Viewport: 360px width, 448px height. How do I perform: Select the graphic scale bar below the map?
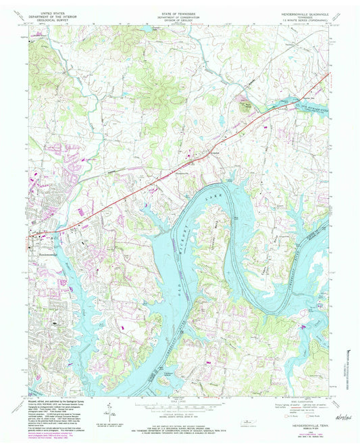tap(179, 405)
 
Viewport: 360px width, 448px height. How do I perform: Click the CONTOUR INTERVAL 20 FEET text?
tap(179, 414)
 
